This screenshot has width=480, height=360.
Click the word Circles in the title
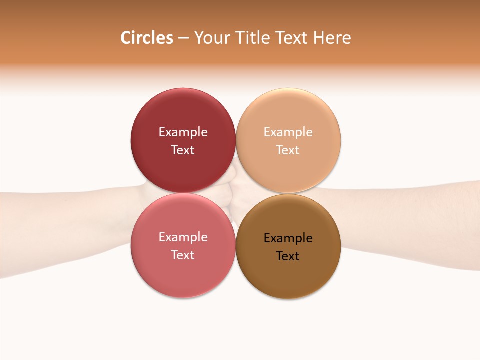[146, 38]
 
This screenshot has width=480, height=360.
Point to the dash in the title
[183, 38]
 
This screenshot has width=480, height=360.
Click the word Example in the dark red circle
[183, 132]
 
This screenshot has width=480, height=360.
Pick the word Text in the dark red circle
[183, 150]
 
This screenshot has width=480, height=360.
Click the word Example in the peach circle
[288, 132]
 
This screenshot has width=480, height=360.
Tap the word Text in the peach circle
[288, 150]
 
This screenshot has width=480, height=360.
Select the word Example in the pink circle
[183, 237]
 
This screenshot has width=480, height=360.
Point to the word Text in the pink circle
[183, 255]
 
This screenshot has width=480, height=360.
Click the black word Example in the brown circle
[288, 238]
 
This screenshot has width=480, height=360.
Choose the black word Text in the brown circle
[288, 256]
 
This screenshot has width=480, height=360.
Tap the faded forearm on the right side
[410, 225]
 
